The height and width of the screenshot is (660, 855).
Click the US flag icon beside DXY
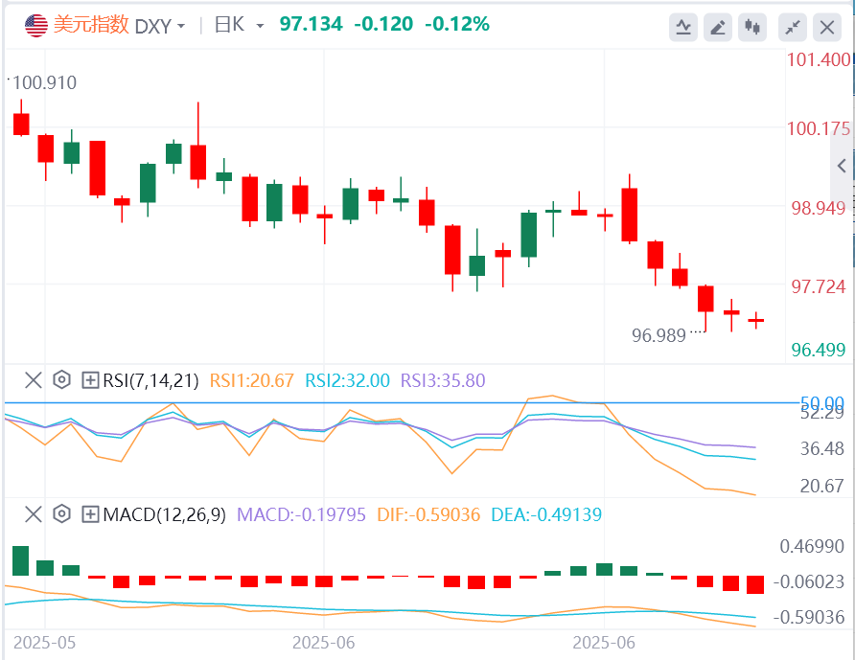pos(35,25)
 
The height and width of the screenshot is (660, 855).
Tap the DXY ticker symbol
pos(152,26)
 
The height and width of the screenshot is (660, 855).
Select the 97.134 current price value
pos(312,24)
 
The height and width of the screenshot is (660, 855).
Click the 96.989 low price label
pos(660,335)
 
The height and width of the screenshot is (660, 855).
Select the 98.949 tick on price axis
pos(819,209)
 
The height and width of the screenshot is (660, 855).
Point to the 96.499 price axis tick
pos(819,350)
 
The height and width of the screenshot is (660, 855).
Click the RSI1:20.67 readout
pos(252,380)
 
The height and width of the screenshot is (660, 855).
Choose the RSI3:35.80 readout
pos(443,380)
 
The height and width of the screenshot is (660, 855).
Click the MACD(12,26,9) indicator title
pos(164,514)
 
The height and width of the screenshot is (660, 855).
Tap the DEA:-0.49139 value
pos(545,514)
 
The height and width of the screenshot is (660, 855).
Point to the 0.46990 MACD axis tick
pos(819,547)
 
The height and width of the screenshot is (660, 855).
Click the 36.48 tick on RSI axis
pos(822,448)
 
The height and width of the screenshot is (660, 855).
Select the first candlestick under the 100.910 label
pos(20,124)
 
